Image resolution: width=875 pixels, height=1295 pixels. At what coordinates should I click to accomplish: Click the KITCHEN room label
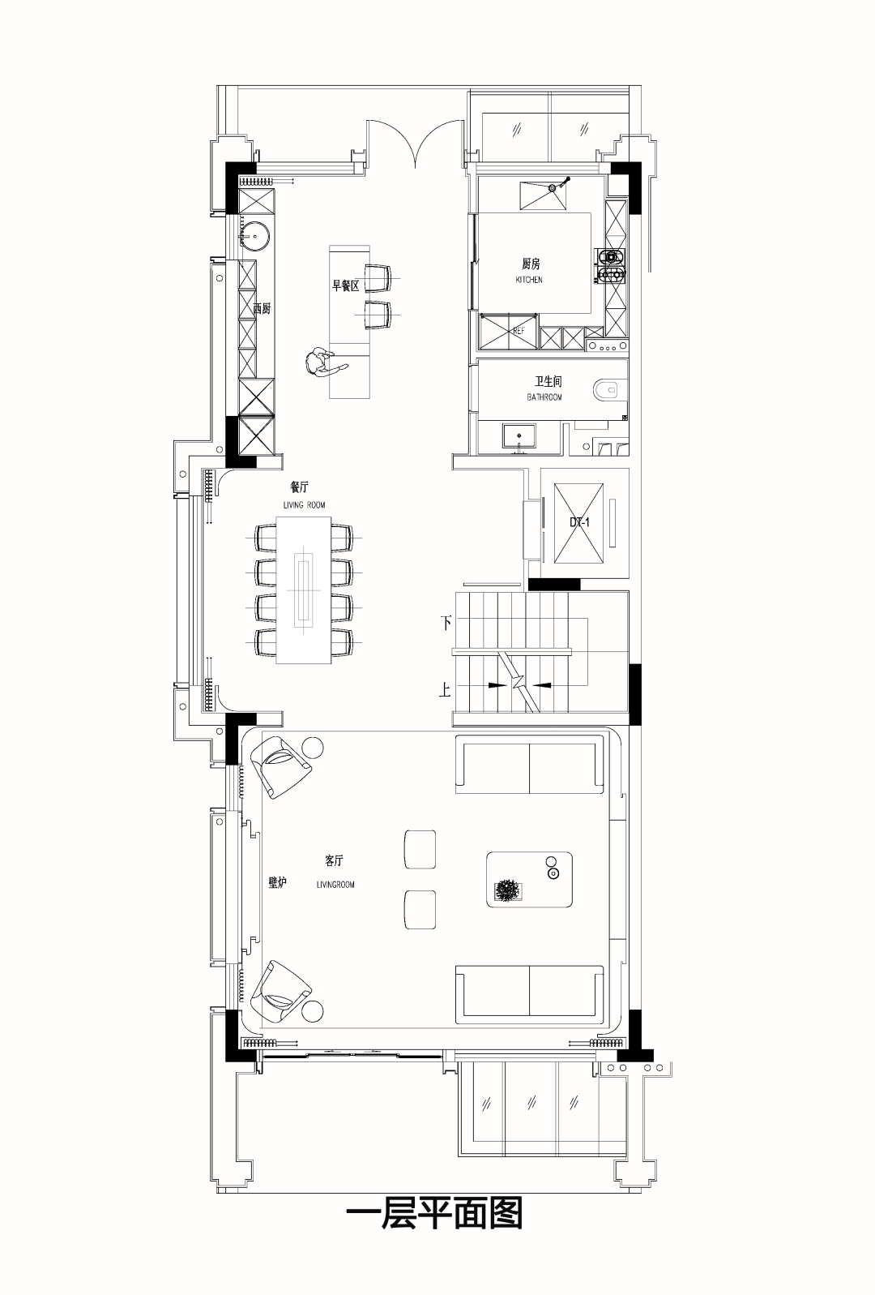(x=529, y=280)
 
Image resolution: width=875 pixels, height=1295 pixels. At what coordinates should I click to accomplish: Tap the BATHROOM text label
(x=544, y=397)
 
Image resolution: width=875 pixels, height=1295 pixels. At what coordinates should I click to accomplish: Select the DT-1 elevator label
(x=579, y=523)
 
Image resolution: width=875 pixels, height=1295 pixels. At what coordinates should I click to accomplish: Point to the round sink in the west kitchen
(x=254, y=236)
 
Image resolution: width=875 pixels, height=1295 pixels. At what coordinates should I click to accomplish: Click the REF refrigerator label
(x=519, y=332)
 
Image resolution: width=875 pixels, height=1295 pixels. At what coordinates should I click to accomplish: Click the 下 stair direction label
(x=446, y=624)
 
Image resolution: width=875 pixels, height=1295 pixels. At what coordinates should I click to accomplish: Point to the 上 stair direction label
(x=445, y=690)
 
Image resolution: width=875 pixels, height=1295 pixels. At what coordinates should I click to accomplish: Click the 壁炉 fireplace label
(x=277, y=883)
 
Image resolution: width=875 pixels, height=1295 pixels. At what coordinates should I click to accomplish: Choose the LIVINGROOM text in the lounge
(x=335, y=885)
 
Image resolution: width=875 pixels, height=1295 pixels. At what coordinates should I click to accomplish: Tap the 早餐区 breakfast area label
(x=345, y=285)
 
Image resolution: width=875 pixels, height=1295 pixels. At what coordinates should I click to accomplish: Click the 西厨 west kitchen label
(x=262, y=309)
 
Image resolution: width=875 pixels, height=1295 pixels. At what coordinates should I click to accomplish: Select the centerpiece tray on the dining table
(x=304, y=590)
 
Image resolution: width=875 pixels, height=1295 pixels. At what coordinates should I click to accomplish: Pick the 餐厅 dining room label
(x=299, y=487)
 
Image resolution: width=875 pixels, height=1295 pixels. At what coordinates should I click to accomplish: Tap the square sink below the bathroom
(x=520, y=436)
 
